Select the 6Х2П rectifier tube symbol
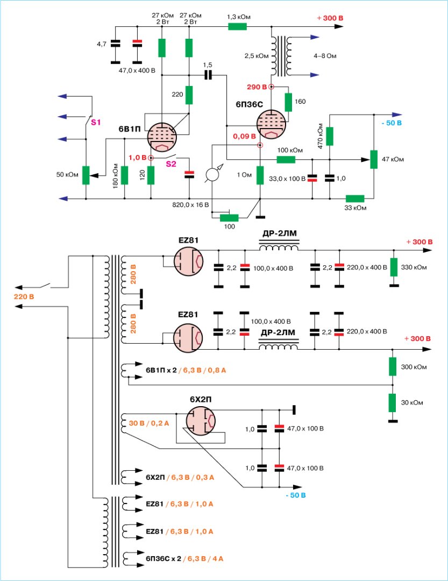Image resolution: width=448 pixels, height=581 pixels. pos(201,421)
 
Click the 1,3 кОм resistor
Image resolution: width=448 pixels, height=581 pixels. pos(237,27)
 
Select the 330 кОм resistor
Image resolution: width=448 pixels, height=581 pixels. pos(394,267)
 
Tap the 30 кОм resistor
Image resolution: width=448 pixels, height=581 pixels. pos(393,402)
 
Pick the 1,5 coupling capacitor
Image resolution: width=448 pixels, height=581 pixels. pos(208,75)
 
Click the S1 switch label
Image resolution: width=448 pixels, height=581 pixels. pos(96,123)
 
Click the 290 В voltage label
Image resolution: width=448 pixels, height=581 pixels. pos(257,87)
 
